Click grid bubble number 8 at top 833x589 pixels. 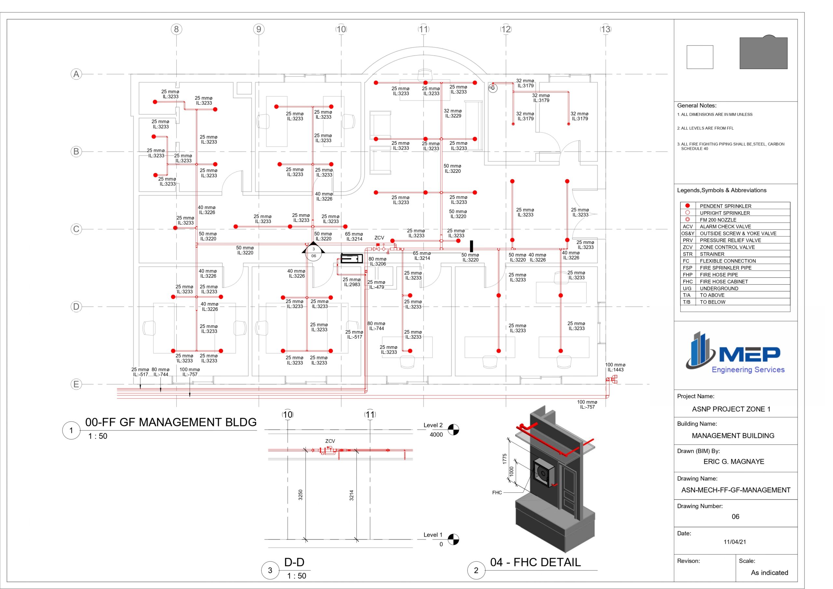(176, 29)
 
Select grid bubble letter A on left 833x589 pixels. (76, 74)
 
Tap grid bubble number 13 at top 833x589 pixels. (606, 29)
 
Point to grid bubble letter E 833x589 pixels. (76, 384)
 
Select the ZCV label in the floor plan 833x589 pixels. (379, 238)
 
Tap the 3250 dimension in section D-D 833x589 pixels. (300, 495)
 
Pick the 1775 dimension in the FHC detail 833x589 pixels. (504, 459)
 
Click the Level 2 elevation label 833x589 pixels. (433, 425)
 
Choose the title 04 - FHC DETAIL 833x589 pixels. (535, 562)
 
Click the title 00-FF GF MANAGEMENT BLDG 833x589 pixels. (171, 422)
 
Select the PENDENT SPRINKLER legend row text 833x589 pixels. (725, 206)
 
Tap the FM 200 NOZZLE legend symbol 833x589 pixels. (687, 220)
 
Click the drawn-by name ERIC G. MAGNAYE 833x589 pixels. (733, 461)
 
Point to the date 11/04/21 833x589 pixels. (735, 542)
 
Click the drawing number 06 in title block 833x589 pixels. (735, 516)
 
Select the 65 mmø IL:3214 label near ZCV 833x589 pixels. (354, 236)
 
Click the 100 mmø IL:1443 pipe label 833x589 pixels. (615, 367)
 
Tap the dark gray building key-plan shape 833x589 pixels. (763, 53)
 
